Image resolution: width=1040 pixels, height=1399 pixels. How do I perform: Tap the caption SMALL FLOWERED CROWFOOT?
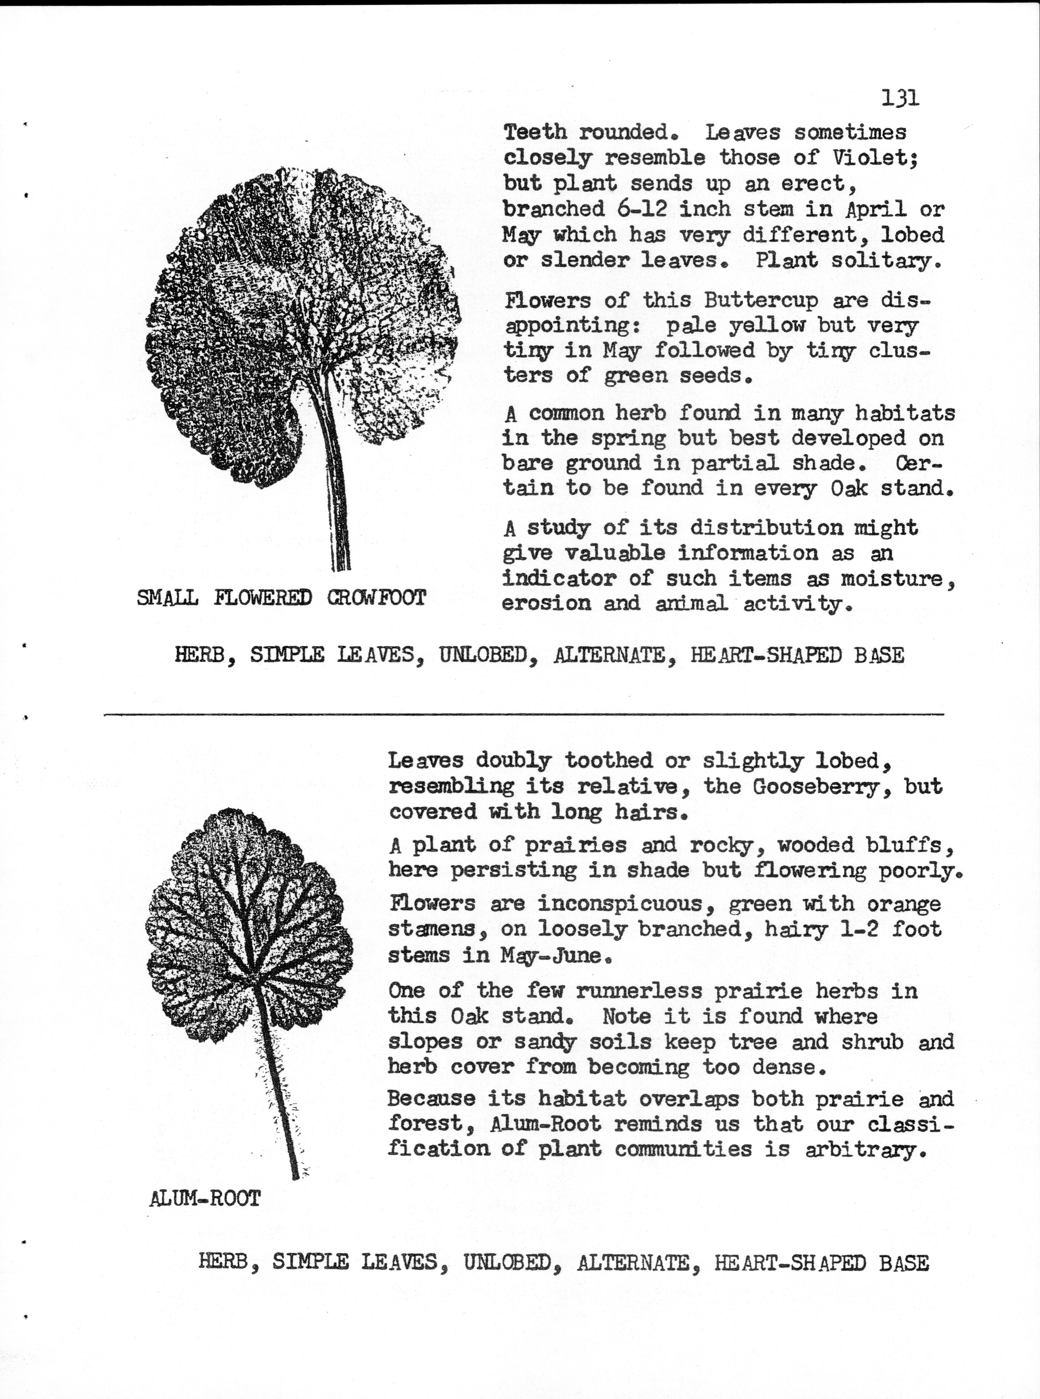(281, 597)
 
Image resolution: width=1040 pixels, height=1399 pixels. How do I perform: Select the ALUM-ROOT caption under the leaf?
(205, 1198)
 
